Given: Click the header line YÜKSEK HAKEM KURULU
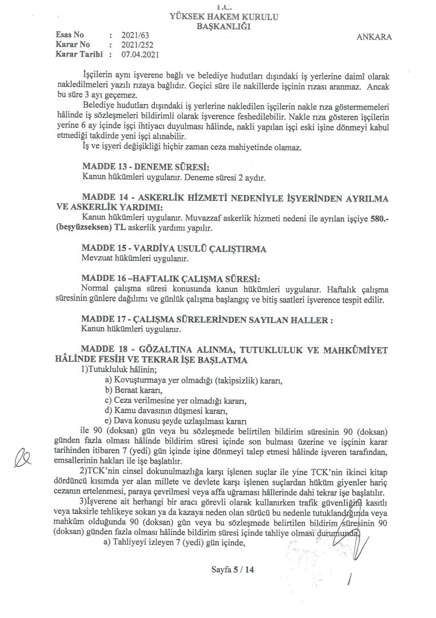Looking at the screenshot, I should tap(224, 17).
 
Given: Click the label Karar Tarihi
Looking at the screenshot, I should tap(78, 55).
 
